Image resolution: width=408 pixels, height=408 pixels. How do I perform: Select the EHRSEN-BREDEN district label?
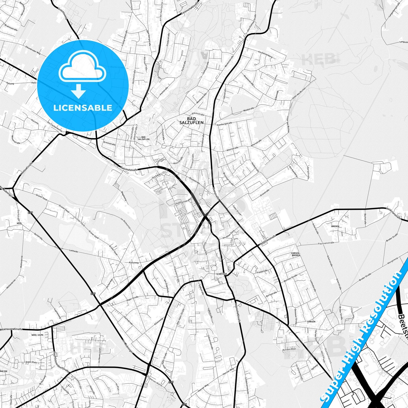[296, 254]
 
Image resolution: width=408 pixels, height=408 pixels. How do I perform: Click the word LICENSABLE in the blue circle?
[83, 108]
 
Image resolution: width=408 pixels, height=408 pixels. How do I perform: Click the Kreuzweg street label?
[134, 263]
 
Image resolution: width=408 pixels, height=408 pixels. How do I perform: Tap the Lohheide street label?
[73, 251]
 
